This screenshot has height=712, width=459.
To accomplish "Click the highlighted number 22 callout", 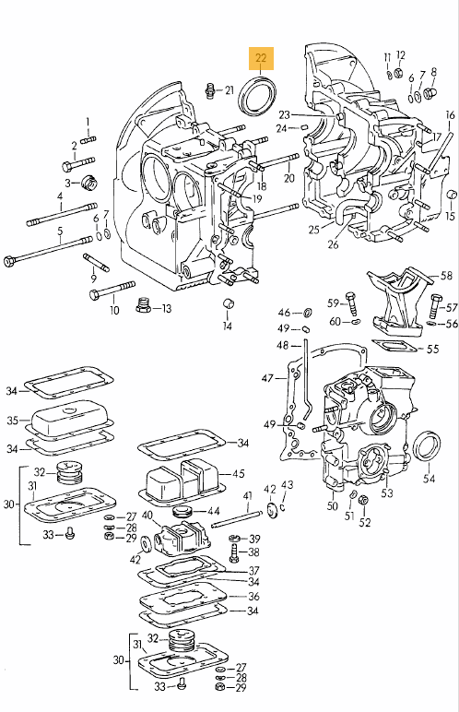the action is coord(261,58).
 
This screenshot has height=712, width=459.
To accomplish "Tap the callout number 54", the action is coord(429,478).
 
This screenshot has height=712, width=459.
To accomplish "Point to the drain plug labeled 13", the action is coord(144,305).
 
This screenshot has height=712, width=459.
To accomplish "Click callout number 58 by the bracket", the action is coord(447,275).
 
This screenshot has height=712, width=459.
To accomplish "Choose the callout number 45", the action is coord(239,473).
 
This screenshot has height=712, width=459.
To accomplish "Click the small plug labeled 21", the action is coord(210,89).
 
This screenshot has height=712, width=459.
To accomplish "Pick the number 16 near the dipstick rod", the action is coord(450,115).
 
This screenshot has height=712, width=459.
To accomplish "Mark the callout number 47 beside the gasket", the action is coord(267,377).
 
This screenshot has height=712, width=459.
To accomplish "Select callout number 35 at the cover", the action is coord(13,420).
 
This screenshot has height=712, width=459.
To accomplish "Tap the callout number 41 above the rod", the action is coord(247,495).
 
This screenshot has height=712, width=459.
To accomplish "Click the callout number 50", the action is coord(333,504).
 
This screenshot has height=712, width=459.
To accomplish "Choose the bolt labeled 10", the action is coord(112,291).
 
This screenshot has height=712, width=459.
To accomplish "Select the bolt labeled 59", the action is coord(352,303).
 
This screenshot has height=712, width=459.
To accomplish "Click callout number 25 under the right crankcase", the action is coord(314,230).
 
